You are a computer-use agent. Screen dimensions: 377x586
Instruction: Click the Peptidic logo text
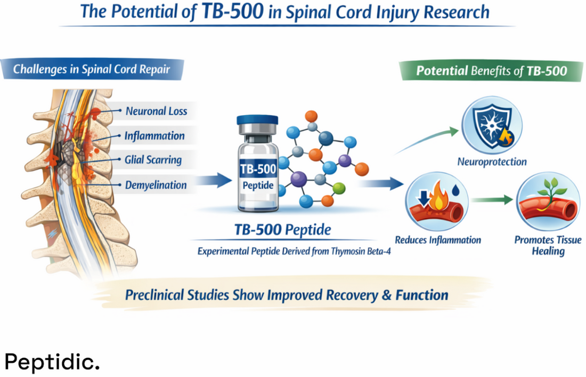(x=52, y=361)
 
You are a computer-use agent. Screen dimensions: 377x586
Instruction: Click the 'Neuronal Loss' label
(x=156, y=112)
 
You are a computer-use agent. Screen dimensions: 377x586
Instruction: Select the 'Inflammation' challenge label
(x=155, y=136)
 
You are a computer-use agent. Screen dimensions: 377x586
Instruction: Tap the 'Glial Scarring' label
(x=153, y=160)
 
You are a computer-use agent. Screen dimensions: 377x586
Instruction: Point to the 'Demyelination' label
(x=156, y=186)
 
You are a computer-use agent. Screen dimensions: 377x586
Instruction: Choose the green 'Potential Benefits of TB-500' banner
(x=491, y=71)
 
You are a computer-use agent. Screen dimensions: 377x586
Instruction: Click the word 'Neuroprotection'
(x=492, y=162)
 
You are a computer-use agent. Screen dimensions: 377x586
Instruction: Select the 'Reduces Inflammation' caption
(x=438, y=240)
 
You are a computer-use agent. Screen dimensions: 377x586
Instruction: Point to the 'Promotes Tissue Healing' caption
(x=548, y=245)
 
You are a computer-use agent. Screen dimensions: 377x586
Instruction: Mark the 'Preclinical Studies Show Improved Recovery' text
(x=287, y=295)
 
